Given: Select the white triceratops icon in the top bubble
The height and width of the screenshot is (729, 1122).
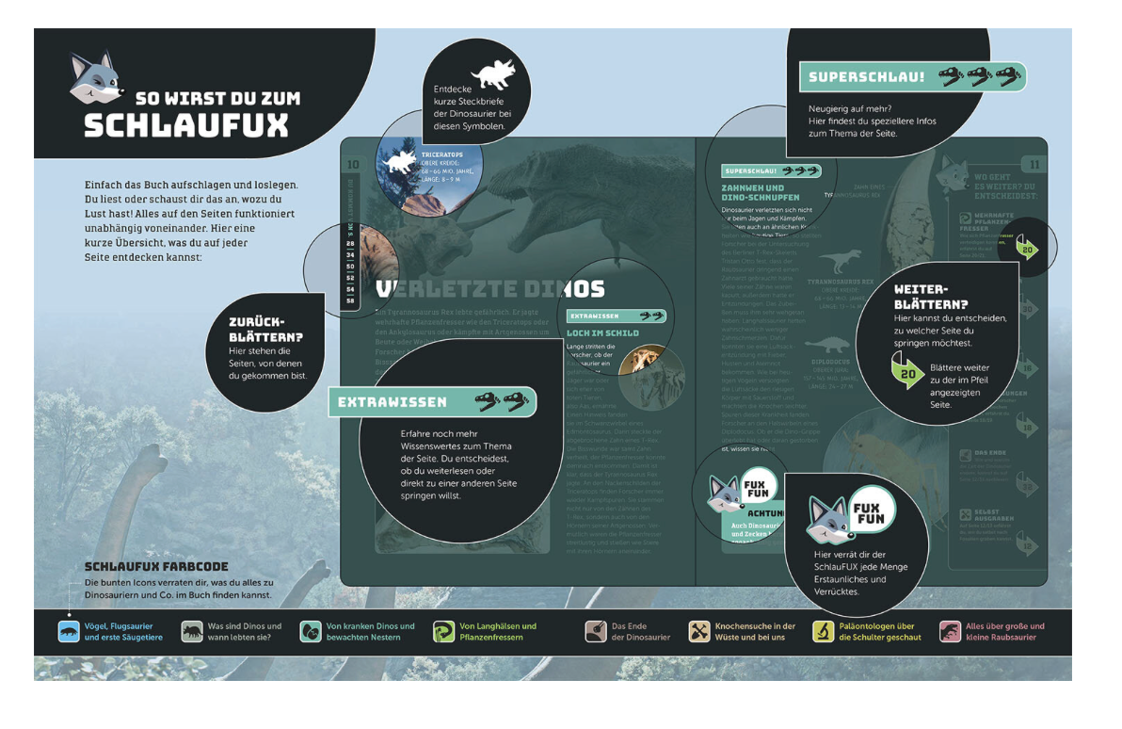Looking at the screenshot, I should tap(493, 74).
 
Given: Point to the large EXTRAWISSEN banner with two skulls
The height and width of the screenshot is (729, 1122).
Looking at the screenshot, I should tap(432, 402).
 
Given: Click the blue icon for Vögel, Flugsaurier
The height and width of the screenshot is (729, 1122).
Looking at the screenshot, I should tap(69, 632).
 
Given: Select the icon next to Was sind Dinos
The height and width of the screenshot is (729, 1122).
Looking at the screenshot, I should tap(192, 632).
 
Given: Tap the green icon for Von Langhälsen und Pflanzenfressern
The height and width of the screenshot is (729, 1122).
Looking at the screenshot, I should tap(443, 632).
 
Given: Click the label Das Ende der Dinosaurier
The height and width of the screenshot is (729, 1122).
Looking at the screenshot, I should tap(640, 632).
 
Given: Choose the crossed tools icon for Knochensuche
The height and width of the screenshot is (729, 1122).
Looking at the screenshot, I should tap(698, 632).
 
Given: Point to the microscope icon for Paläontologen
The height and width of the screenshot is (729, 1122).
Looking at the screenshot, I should tap(823, 632).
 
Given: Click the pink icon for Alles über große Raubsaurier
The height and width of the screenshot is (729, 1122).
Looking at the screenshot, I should tap(950, 632).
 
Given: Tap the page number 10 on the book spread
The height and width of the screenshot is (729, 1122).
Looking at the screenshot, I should tap(353, 165).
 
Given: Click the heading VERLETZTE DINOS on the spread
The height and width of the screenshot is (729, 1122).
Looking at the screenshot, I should tap(489, 289).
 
